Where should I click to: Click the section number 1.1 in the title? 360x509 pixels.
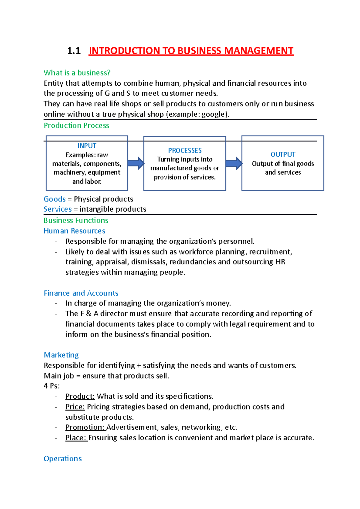pos(74,51)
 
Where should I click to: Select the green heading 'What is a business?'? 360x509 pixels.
pos(77,73)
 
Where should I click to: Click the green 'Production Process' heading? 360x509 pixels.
pos(76,125)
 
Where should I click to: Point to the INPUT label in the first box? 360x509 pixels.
pos(87,146)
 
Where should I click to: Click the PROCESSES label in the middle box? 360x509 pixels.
pos(185,150)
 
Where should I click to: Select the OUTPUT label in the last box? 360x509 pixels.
pos(283,154)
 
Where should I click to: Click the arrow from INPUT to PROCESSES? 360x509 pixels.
pos(136,163)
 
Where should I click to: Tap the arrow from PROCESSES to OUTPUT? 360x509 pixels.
pos(234,163)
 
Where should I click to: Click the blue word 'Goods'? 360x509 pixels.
pos(55,199)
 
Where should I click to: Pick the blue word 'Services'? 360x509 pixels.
pos(58,209)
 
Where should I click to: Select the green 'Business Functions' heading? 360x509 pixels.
pos(76,220)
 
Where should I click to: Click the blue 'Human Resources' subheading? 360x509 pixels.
pos(74,231)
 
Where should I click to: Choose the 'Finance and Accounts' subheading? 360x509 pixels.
pos(81,293)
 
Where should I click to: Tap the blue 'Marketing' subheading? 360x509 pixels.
pos(61,355)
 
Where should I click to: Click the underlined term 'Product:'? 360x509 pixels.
pos(80,396)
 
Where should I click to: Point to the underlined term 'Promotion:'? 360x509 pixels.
pos(85,427)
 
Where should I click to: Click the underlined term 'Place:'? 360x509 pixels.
pos(76,438)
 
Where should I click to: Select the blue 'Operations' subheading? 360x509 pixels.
pos(63,459)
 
